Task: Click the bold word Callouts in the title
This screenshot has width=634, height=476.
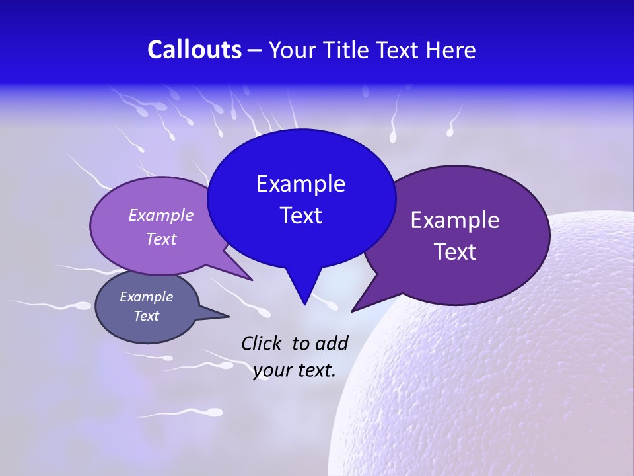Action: (x=194, y=50)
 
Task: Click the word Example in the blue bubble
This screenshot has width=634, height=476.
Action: (x=300, y=184)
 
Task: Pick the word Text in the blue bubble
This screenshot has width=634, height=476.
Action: (x=300, y=216)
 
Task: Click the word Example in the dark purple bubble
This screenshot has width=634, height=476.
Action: (x=455, y=220)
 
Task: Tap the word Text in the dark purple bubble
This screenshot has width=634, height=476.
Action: (x=455, y=252)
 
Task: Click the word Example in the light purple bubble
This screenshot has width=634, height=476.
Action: (x=161, y=216)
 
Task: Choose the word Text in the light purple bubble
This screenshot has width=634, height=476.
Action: (x=161, y=239)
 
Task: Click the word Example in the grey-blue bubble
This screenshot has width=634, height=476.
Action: (x=146, y=297)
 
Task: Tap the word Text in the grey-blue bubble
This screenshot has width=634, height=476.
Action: (x=146, y=316)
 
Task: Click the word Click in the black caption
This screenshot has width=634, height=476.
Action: (x=262, y=343)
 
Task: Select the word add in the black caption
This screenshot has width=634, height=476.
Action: (x=332, y=343)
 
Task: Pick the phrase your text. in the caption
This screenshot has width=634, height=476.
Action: (x=294, y=370)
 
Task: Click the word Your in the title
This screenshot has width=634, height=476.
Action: (x=291, y=50)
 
